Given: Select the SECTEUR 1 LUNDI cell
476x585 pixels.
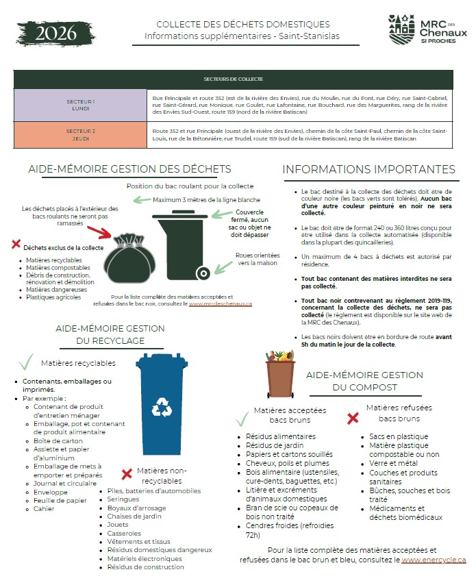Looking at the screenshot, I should tap(81, 105).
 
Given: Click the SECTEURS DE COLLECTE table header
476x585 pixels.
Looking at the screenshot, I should tap(233, 79).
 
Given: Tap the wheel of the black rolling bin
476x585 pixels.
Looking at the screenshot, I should tap(203, 273).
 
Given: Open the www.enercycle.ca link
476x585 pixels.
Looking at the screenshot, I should tap(434, 560).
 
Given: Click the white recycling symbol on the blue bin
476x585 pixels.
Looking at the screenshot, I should tap(163, 406).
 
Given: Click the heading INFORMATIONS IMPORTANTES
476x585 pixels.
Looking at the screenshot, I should tap(368, 169).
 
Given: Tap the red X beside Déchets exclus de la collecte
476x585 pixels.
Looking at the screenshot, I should tap(16, 243).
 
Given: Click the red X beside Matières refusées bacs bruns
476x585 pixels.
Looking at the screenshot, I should tap(353, 417).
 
